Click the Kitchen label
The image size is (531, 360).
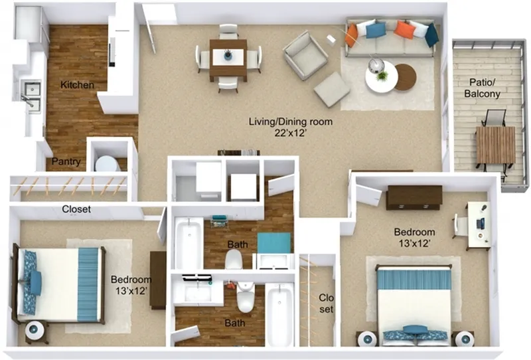77,85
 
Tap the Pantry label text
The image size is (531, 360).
66,161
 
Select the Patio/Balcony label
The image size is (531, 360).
483,88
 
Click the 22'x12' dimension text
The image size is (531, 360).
291,134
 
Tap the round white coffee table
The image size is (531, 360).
381,77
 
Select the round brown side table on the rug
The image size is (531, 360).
406,77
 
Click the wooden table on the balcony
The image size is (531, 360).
495,145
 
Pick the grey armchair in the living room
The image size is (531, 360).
305,55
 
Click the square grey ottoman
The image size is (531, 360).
331,90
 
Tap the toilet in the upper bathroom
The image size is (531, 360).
234,259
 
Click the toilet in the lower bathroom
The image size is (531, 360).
245,298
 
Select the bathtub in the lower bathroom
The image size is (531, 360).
279,314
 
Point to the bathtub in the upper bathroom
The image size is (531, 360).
189,243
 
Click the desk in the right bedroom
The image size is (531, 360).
479,226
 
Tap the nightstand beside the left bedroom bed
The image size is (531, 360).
35,331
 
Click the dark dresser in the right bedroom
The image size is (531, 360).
414,197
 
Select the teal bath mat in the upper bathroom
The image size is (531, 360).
274,242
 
